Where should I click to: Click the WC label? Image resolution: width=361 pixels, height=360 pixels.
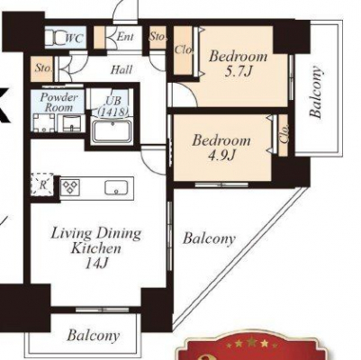click(x=74, y=38)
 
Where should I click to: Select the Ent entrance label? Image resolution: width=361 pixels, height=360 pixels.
click(x=125, y=37)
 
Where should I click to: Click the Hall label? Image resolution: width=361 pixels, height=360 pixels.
click(x=122, y=70)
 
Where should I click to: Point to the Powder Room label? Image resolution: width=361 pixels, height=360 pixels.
click(x=59, y=103)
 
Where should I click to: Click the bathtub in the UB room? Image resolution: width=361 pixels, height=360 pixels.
click(x=113, y=131)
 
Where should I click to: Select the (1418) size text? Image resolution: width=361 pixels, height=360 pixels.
click(x=113, y=112)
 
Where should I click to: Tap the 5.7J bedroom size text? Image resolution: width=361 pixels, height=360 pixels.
click(x=238, y=72)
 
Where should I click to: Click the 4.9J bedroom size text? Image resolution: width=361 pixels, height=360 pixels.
click(x=221, y=156)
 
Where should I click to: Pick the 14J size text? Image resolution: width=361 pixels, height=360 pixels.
click(x=96, y=264)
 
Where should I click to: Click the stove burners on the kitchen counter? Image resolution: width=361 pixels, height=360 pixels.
click(x=70, y=186)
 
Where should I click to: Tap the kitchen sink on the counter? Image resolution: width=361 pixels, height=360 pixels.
click(x=116, y=187)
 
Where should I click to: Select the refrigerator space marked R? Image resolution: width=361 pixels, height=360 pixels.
click(x=42, y=185)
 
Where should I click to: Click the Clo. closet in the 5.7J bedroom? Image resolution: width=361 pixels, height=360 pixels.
click(x=183, y=50)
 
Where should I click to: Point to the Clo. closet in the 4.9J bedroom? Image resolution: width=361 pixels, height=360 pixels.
click(x=284, y=135)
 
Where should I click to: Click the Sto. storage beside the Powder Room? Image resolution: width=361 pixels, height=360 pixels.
click(x=42, y=68)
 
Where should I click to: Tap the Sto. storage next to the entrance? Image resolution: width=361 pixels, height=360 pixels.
click(x=158, y=37)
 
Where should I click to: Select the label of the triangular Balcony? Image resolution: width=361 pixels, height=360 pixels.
click(x=209, y=239)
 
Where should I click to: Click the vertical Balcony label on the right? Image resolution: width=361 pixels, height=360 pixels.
click(x=316, y=92)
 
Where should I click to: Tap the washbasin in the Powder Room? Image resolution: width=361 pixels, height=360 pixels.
click(x=71, y=123)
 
